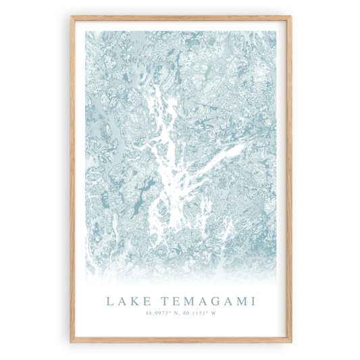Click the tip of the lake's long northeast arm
242,145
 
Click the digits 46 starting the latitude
148,312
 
